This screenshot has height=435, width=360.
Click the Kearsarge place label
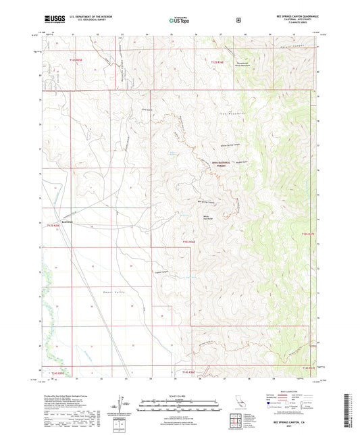coord(69,222)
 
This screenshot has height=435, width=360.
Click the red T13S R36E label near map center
coord(188,241)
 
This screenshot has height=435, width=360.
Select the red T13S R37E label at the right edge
coord(307,234)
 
